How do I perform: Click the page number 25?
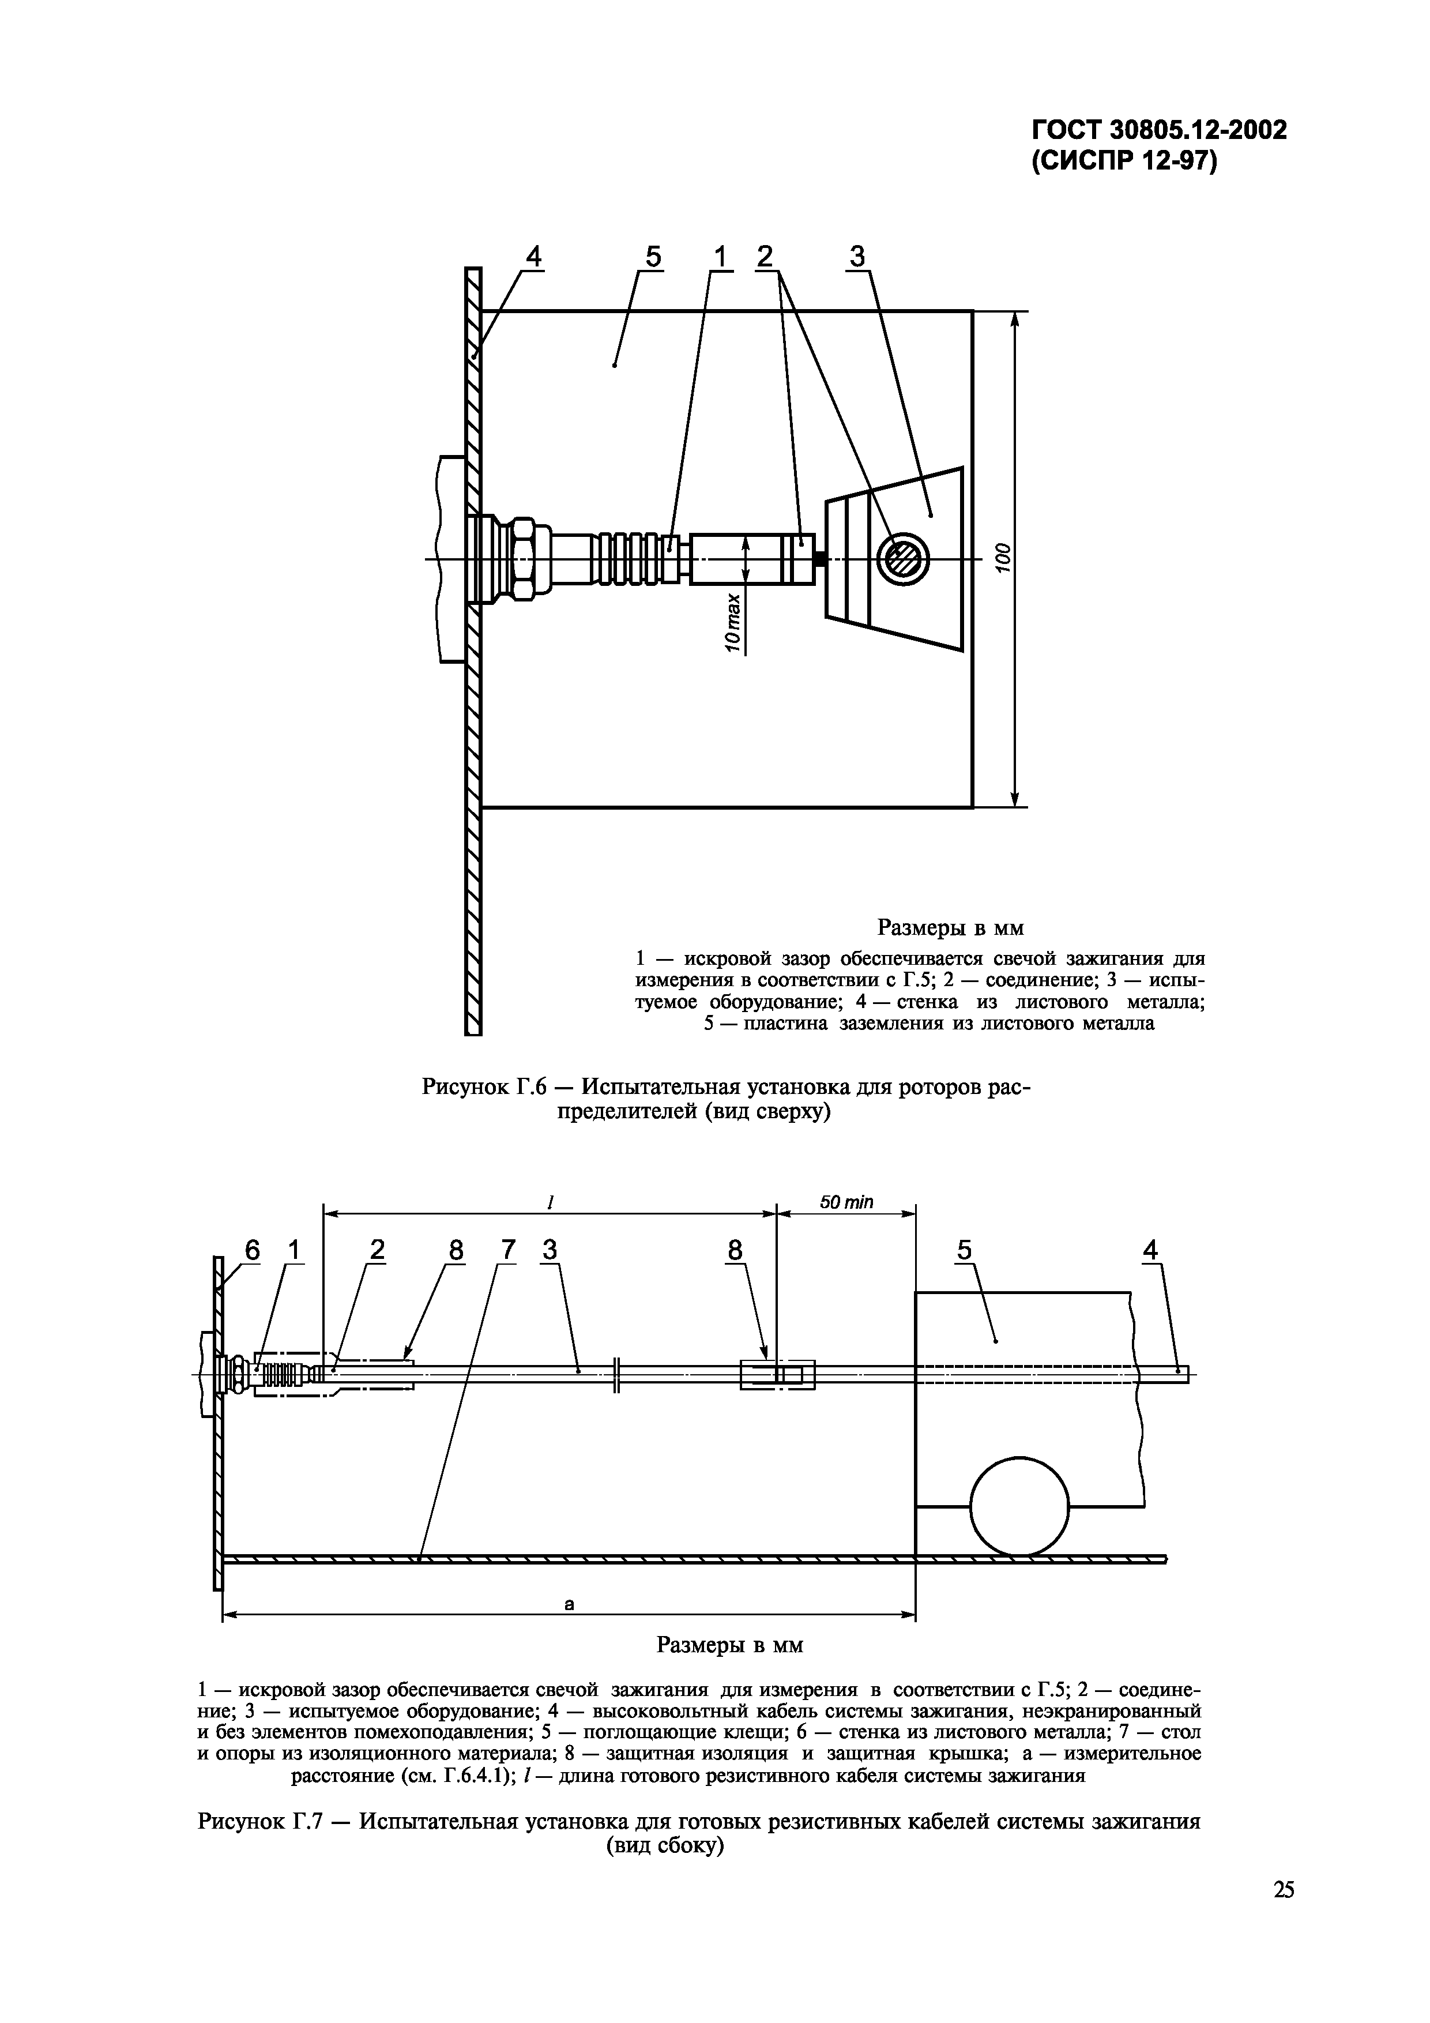[1284, 1914]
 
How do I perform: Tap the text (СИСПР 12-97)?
[1124, 164]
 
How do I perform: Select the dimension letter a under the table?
[569, 1604]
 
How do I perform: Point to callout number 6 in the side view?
[253, 1250]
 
